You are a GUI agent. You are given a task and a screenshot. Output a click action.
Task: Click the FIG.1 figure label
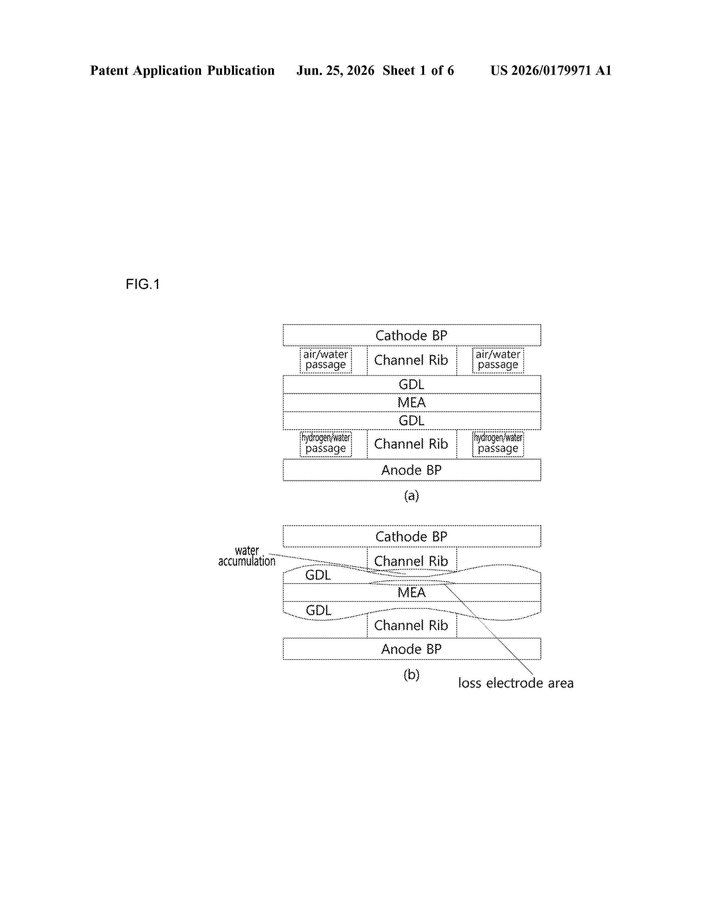pyautogui.click(x=143, y=284)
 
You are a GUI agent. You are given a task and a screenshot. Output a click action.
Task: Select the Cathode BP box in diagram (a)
pyautogui.click(x=412, y=335)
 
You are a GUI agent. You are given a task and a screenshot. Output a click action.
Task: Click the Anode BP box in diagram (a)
pyautogui.click(x=412, y=470)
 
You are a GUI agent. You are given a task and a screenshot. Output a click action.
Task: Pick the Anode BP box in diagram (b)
pyautogui.click(x=412, y=649)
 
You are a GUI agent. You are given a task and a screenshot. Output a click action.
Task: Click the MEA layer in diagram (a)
pyautogui.click(x=412, y=403)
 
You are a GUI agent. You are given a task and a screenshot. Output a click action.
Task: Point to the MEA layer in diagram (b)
pyautogui.click(x=412, y=593)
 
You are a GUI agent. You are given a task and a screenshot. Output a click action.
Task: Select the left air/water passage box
pyautogui.click(x=326, y=360)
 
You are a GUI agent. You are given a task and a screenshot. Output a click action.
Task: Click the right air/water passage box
pyautogui.click(x=498, y=360)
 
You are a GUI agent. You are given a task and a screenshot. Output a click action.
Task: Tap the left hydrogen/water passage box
pyautogui.click(x=326, y=444)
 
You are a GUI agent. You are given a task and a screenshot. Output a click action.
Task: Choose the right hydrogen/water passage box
pyautogui.click(x=498, y=444)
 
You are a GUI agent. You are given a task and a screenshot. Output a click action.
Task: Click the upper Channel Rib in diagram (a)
pyautogui.click(x=412, y=360)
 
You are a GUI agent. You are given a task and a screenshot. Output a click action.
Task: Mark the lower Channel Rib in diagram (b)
pyautogui.click(x=412, y=625)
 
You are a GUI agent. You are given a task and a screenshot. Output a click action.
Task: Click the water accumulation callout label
pyautogui.click(x=247, y=556)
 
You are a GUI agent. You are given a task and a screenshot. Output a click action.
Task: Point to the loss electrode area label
pyautogui.click(x=516, y=683)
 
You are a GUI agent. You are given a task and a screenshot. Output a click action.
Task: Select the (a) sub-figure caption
pyautogui.click(x=412, y=495)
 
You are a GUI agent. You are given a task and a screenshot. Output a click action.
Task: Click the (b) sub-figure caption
pyautogui.click(x=412, y=675)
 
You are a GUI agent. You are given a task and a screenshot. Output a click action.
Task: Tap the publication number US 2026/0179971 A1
pyautogui.click(x=551, y=70)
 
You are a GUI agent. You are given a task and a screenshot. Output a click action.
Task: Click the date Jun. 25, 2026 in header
pyautogui.click(x=335, y=70)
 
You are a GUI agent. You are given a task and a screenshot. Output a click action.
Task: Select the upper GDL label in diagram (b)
pyautogui.click(x=318, y=575)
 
